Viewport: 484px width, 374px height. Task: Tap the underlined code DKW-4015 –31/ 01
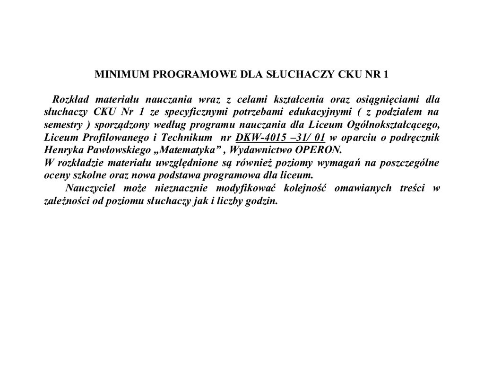pos(280,138)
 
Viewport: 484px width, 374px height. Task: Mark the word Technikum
pos(186,138)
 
